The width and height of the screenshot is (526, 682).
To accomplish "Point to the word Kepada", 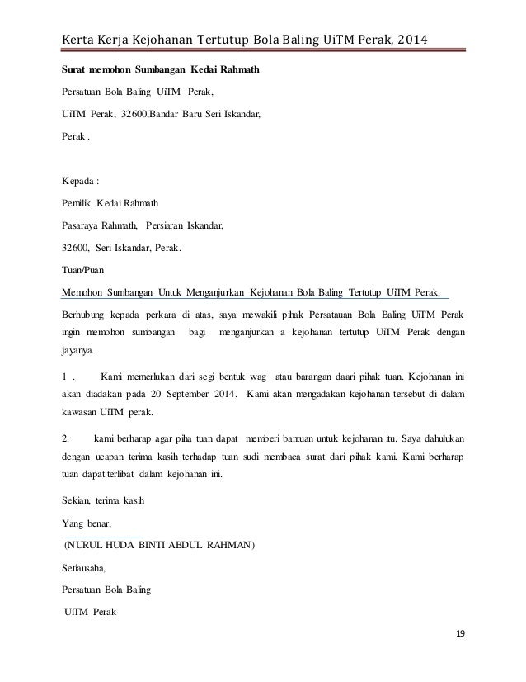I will [x=81, y=179].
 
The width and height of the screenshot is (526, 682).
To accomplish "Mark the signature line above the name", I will [x=104, y=536].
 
